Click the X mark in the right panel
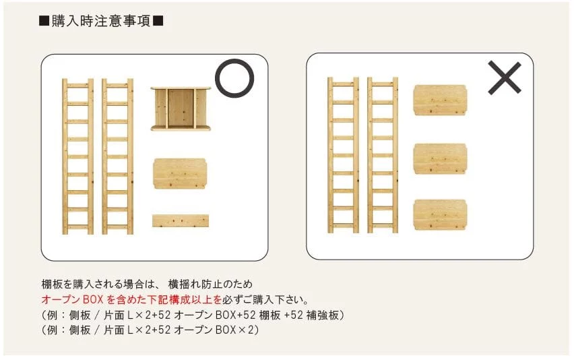click(505, 78)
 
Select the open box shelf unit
click(181, 109)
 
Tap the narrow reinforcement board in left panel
click(181, 221)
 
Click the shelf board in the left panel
click(180, 173)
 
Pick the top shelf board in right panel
click(440, 100)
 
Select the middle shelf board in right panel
click(440, 159)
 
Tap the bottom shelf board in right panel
click(440, 214)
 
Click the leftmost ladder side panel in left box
click(77, 156)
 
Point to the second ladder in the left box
click(117, 156)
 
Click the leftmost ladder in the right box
click(343, 155)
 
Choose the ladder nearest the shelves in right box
click(383, 155)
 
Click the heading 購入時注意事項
click(101, 22)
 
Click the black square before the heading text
click(44, 21)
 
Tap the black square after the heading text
click(158, 21)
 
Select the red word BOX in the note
click(94, 299)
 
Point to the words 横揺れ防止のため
click(210, 284)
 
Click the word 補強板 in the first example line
click(323, 315)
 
